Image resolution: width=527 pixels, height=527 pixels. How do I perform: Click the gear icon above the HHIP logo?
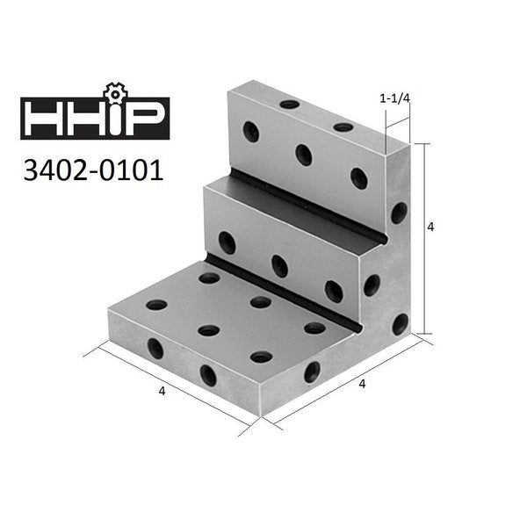point(115,93)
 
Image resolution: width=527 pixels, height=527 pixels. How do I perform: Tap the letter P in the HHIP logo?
point(144,118)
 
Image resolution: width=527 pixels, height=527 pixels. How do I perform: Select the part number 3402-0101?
point(93,170)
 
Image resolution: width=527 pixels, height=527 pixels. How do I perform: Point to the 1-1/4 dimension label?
point(395,98)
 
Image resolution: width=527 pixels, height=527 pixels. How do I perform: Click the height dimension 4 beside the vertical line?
point(430,227)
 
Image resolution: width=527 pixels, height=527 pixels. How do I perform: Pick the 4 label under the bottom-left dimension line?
point(162,391)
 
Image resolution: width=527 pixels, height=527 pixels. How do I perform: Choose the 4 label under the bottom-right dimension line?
point(362,384)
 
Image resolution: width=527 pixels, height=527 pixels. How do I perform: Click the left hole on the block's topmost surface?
point(290,105)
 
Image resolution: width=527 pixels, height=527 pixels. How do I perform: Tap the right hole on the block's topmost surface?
point(343,127)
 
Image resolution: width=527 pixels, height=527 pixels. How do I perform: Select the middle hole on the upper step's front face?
point(304,155)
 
